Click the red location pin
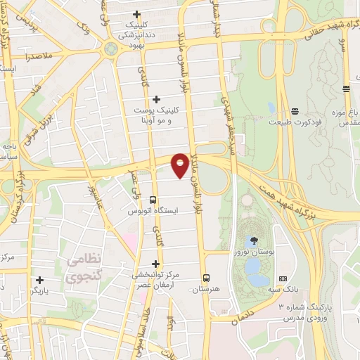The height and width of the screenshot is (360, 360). click(180, 164)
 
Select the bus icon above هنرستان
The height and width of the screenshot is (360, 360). click(206, 277)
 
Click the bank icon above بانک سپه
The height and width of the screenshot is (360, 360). click(283, 278)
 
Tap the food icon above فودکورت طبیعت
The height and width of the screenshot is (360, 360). click(295, 111)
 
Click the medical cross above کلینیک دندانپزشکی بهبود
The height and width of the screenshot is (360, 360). click(136, 14)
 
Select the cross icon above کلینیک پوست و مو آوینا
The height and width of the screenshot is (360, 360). click(156, 98)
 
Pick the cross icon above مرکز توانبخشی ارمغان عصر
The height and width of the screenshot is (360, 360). click(155, 264)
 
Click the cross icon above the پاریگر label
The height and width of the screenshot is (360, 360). click(39, 280)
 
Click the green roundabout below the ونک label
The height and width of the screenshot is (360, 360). click(110, 48)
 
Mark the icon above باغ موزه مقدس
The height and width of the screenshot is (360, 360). click(346, 89)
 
